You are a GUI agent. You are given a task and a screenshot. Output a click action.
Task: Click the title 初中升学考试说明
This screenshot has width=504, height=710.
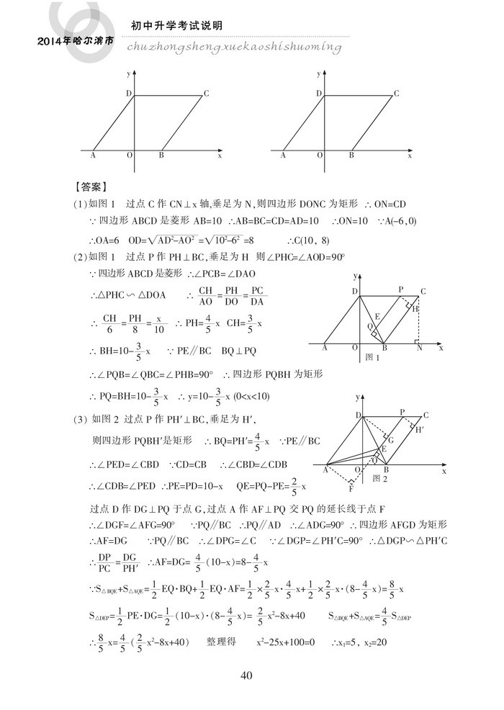pyautogui.click(x=176, y=25)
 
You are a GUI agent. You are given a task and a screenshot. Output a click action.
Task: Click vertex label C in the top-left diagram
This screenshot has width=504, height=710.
pyautogui.click(x=206, y=92)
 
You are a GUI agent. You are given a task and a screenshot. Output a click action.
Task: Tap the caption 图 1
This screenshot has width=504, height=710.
pyautogui.click(x=372, y=357)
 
